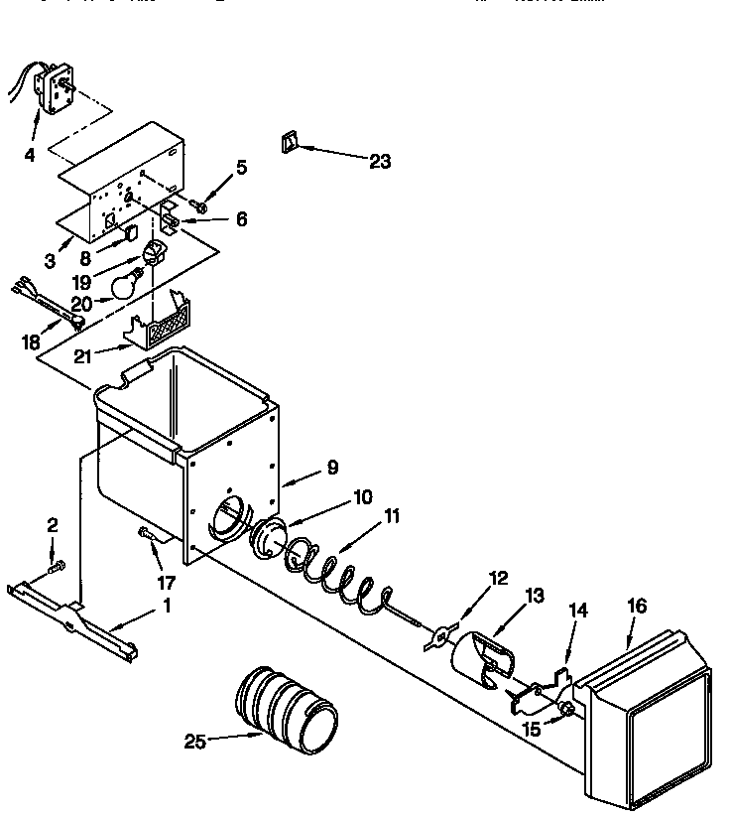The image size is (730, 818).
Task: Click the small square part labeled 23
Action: pos(289,142)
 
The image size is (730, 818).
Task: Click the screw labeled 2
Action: pos(56,566)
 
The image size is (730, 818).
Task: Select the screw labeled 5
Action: pos(200,207)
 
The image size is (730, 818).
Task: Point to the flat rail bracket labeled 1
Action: pos(74,620)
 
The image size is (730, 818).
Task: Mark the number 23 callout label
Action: pos(380,161)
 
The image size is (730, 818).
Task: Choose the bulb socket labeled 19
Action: pos(153,252)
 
